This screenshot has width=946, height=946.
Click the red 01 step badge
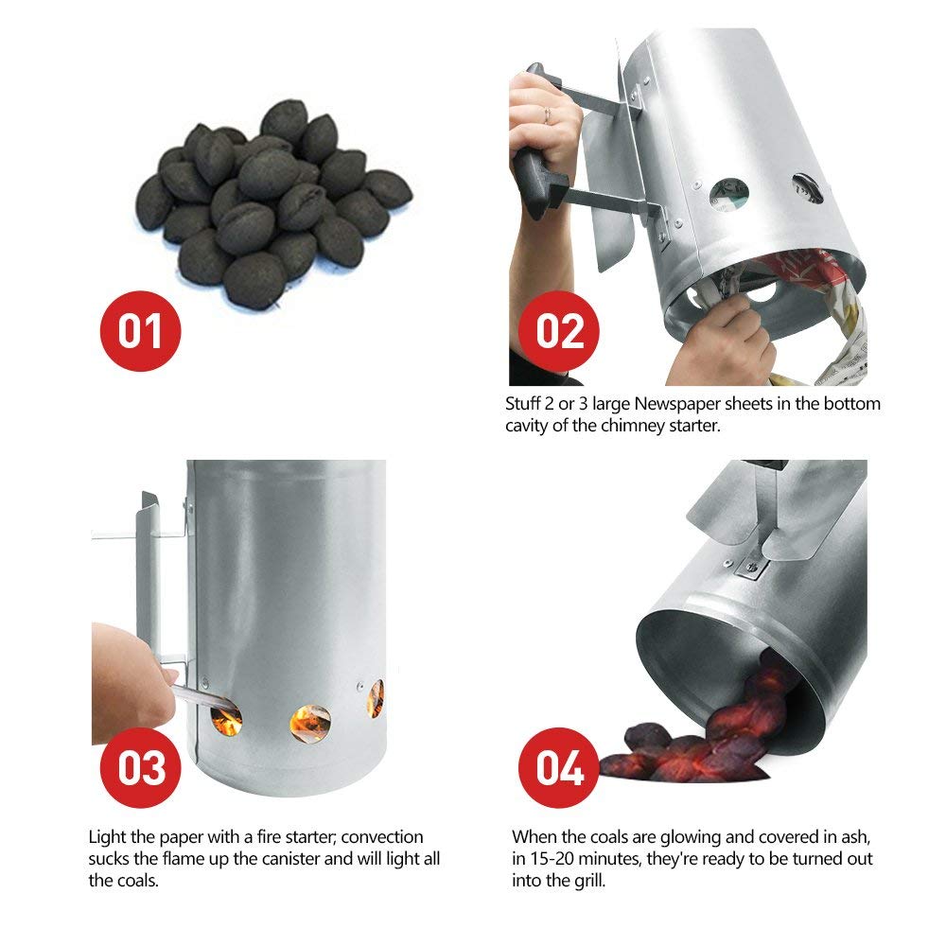140,332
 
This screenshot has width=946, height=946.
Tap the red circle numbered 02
560,332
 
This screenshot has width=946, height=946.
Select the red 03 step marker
140,767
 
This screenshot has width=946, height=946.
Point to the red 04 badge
560,767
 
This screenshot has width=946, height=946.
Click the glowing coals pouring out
700,738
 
